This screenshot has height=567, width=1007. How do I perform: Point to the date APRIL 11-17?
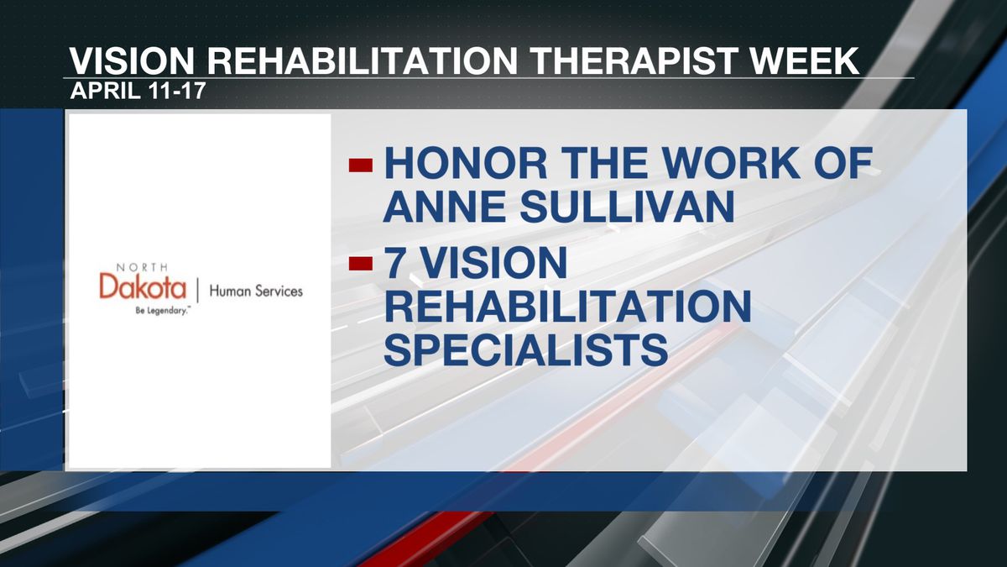[138, 91]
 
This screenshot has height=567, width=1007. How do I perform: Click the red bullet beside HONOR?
[361, 165]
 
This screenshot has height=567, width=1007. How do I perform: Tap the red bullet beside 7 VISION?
[361, 263]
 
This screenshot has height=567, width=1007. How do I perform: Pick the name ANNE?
[446, 207]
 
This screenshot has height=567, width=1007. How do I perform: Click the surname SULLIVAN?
[628, 207]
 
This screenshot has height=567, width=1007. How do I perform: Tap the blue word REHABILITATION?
[567, 307]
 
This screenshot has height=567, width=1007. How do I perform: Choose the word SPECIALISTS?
[525, 349]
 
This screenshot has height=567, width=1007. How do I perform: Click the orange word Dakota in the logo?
[143, 286]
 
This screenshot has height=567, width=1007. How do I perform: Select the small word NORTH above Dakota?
[142, 267]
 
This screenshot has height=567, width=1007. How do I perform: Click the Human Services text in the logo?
[256, 291]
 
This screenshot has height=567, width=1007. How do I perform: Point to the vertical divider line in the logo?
[197, 291]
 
